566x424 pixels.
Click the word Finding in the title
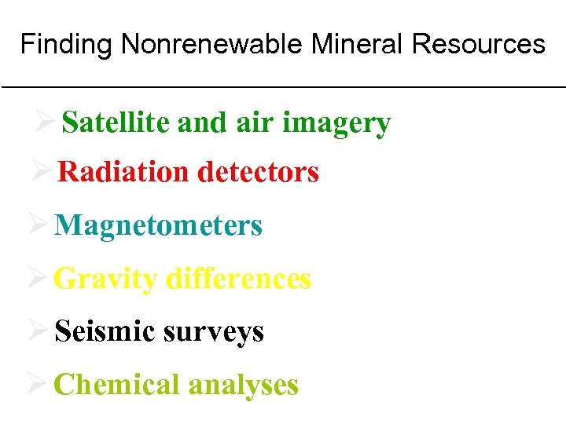click(x=67, y=45)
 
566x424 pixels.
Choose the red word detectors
click(x=258, y=172)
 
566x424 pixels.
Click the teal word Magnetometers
click(x=159, y=226)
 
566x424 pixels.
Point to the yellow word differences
click(x=239, y=279)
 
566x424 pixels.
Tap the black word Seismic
click(x=105, y=332)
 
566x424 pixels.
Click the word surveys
click(x=214, y=333)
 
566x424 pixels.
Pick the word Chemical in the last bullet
click(x=117, y=385)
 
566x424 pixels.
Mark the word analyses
click(x=243, y=386)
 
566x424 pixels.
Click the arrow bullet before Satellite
click(x=44, y=122)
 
